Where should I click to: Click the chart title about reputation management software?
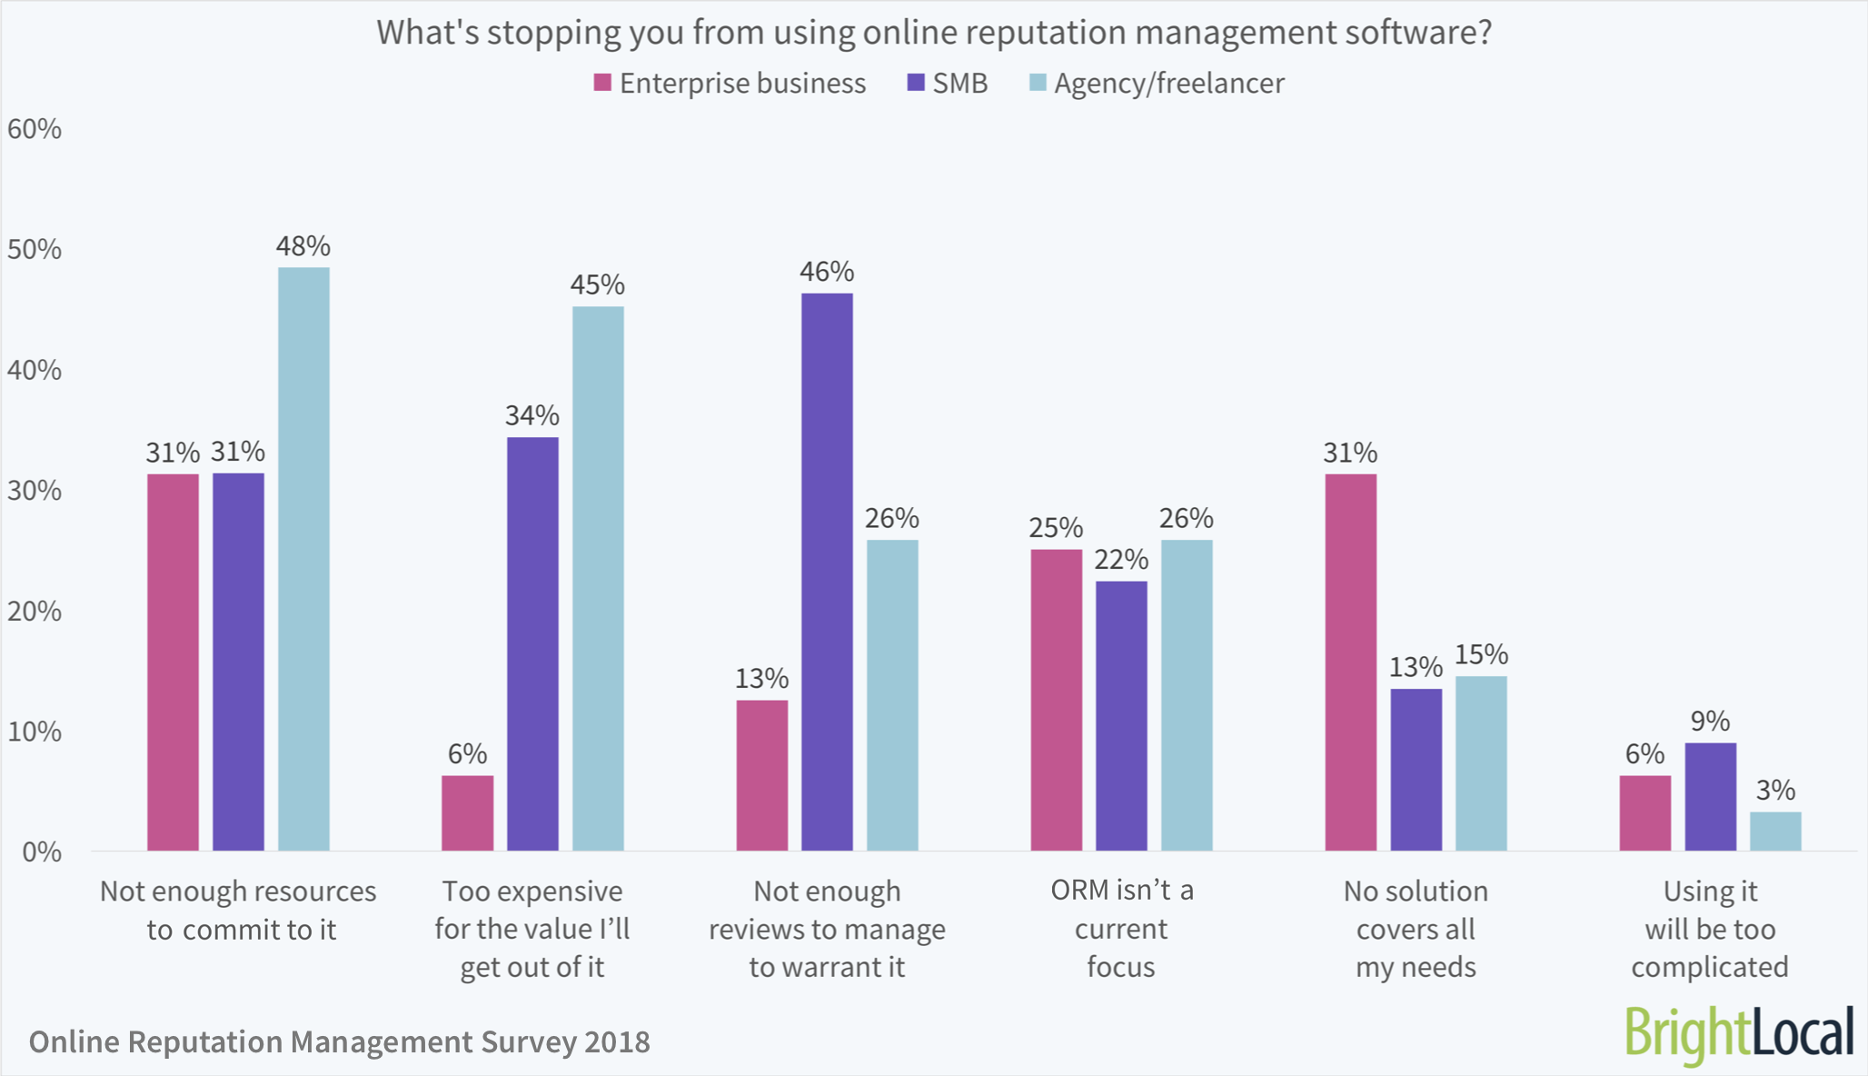point(934,33)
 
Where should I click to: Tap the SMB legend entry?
point(948,84)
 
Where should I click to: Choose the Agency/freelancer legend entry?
point(1157,84)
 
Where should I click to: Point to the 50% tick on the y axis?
point(35,250)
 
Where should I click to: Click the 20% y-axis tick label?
point(35,612)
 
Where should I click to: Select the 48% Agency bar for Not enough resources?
point(303,559)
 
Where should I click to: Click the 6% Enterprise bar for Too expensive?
point(468,812)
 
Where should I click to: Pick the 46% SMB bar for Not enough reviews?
point(827,572)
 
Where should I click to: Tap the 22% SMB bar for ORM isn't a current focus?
point(1121,715)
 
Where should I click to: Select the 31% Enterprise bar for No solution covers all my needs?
point(1350,662)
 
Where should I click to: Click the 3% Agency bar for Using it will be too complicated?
point(1775,831)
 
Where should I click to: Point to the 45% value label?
point(597,285)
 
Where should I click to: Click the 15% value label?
point(1481,654)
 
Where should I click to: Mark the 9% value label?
point(1710,722)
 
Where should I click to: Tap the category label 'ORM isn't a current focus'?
point(1121,928)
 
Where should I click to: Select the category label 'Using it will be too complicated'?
point(1710,928)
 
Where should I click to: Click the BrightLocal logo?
point(1738,1034)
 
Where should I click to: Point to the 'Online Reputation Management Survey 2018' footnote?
point(340,1041)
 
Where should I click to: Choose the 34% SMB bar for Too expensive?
point(532,643)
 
